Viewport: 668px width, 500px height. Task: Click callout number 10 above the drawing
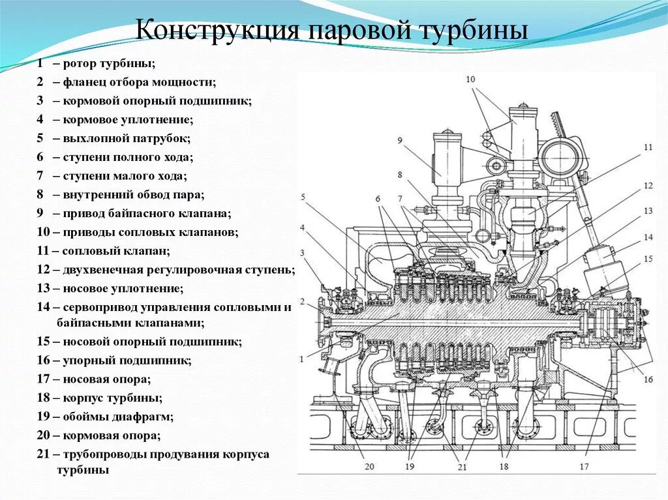coord(470,79)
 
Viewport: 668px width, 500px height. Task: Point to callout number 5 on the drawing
coord(303,196)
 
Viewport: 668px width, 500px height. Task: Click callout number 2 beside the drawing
coord(303,301)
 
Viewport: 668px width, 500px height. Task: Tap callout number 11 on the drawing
coord(647,147)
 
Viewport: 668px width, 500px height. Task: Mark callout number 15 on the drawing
coord(647,258)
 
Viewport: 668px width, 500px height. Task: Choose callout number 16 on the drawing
coord(648,380)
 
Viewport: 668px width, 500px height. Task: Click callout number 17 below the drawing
coord(584,466)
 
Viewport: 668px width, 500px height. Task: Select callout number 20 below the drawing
coord(369,466)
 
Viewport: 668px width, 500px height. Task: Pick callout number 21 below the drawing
coord(462,466)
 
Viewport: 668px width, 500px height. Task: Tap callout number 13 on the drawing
coord(647,211)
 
